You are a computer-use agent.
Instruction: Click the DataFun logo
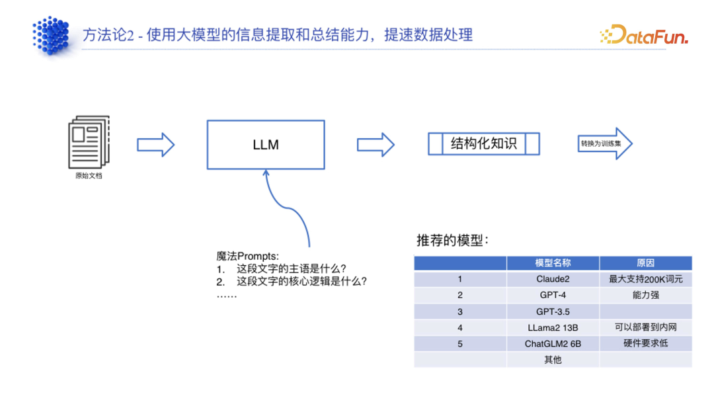click(644, 34)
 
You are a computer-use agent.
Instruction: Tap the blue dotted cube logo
click(52, 34)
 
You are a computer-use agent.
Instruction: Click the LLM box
click(266, 144)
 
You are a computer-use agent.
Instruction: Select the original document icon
click(89, 142)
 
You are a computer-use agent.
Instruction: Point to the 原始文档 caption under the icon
click(89, 177)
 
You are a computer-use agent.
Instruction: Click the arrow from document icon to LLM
click(155, 144)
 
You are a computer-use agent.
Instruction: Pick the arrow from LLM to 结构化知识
click(376, 144)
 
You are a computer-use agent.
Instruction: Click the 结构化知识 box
click(484, 144)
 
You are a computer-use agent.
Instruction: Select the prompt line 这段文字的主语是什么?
click(292, 268)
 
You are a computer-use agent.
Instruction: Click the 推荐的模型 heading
click(452, 241)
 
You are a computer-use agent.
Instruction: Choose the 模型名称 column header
click(553, 263)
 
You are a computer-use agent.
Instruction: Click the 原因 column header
click(645, 263)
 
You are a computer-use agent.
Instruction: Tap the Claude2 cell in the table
click(553, 279)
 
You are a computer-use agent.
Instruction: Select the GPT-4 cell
click(553, 296)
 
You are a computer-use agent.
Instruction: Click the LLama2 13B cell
click(553, 327)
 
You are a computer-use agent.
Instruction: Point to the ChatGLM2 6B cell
click(553, 344)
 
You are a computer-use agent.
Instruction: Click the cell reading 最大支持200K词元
click(645, 279)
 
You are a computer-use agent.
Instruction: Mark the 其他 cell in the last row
click(553, 360)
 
